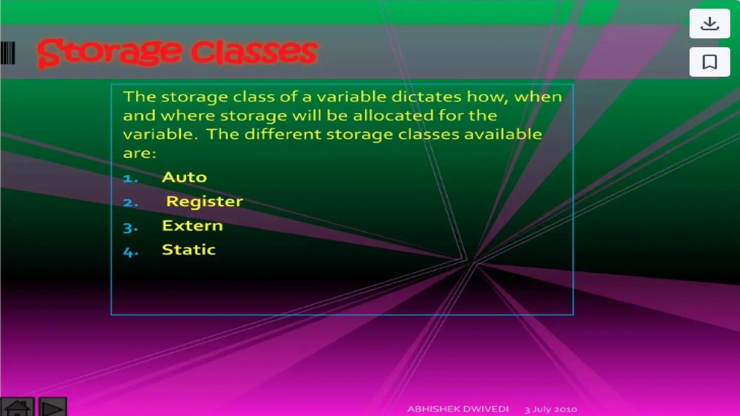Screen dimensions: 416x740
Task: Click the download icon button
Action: pos(709,23)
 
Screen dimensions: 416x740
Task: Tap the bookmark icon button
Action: pos(709,62)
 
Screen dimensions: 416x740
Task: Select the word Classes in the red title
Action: pos(254,53)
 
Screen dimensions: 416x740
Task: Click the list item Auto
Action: pos(184,177)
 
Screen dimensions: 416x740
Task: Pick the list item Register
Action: pos(204,201)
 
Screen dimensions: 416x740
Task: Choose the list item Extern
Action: pos(192,226)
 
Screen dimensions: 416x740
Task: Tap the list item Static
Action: pos(189,250)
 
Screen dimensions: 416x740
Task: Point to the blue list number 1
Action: pos(130,178)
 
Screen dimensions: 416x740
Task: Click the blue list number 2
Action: pos(130,203)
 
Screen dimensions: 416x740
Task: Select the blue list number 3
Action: pos(130,228)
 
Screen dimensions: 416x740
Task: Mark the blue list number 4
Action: pos(130,252)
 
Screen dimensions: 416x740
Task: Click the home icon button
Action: pos(17,407)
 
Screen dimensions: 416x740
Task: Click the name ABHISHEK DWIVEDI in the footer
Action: pos(458,409)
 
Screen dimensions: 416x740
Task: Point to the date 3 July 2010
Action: pos(551,409)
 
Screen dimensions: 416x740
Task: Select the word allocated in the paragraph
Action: pos(393,116)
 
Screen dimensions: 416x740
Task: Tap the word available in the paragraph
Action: pos(503,134)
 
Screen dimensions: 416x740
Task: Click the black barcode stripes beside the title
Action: pos(8,53)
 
